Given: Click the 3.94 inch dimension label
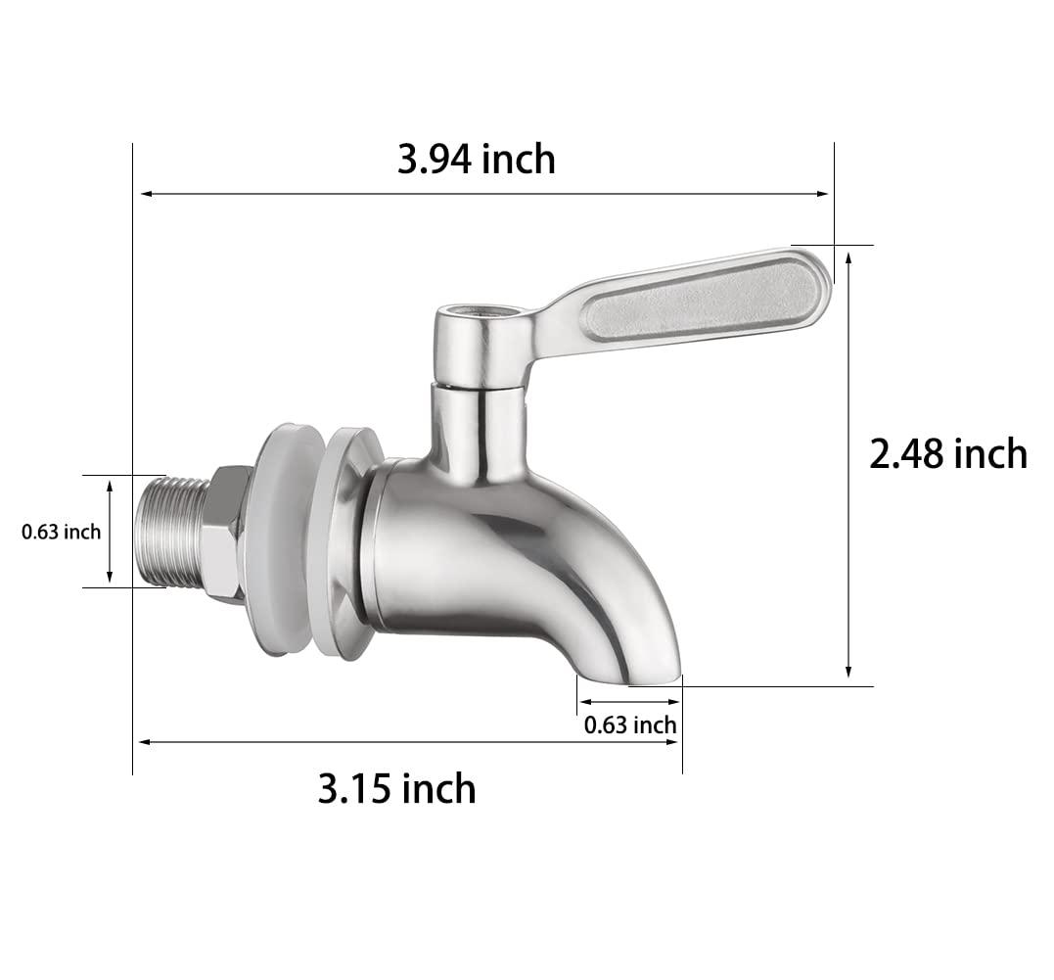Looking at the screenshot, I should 476,159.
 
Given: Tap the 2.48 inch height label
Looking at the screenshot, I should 947,454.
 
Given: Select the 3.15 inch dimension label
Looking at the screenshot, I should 396,788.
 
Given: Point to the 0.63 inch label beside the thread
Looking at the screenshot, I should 62,532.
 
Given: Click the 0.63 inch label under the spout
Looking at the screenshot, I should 629,725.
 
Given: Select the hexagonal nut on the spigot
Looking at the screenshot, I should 224,534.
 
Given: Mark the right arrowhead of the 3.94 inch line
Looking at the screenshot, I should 824,194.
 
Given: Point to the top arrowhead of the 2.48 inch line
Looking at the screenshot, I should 848,253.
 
